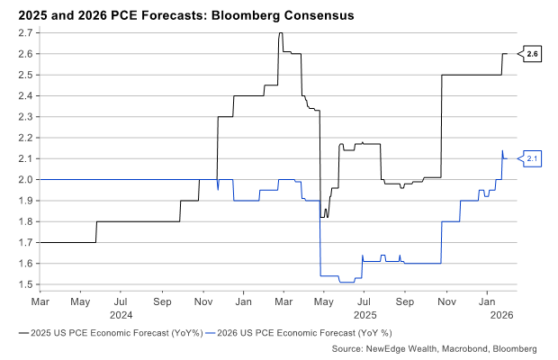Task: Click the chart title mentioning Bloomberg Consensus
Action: click(x=177, y=16)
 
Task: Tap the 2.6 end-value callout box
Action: click(x=532, y=54)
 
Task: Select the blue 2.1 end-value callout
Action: click(x=532, y=158)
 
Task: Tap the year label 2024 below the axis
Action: click(x=121, y=316)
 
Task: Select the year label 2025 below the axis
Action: click(x=364, y=316)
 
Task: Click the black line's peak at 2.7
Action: click(x=281, y=33)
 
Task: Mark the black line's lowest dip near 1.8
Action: click(x=327, y=217)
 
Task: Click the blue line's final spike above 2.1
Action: click(x=502, y=150)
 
